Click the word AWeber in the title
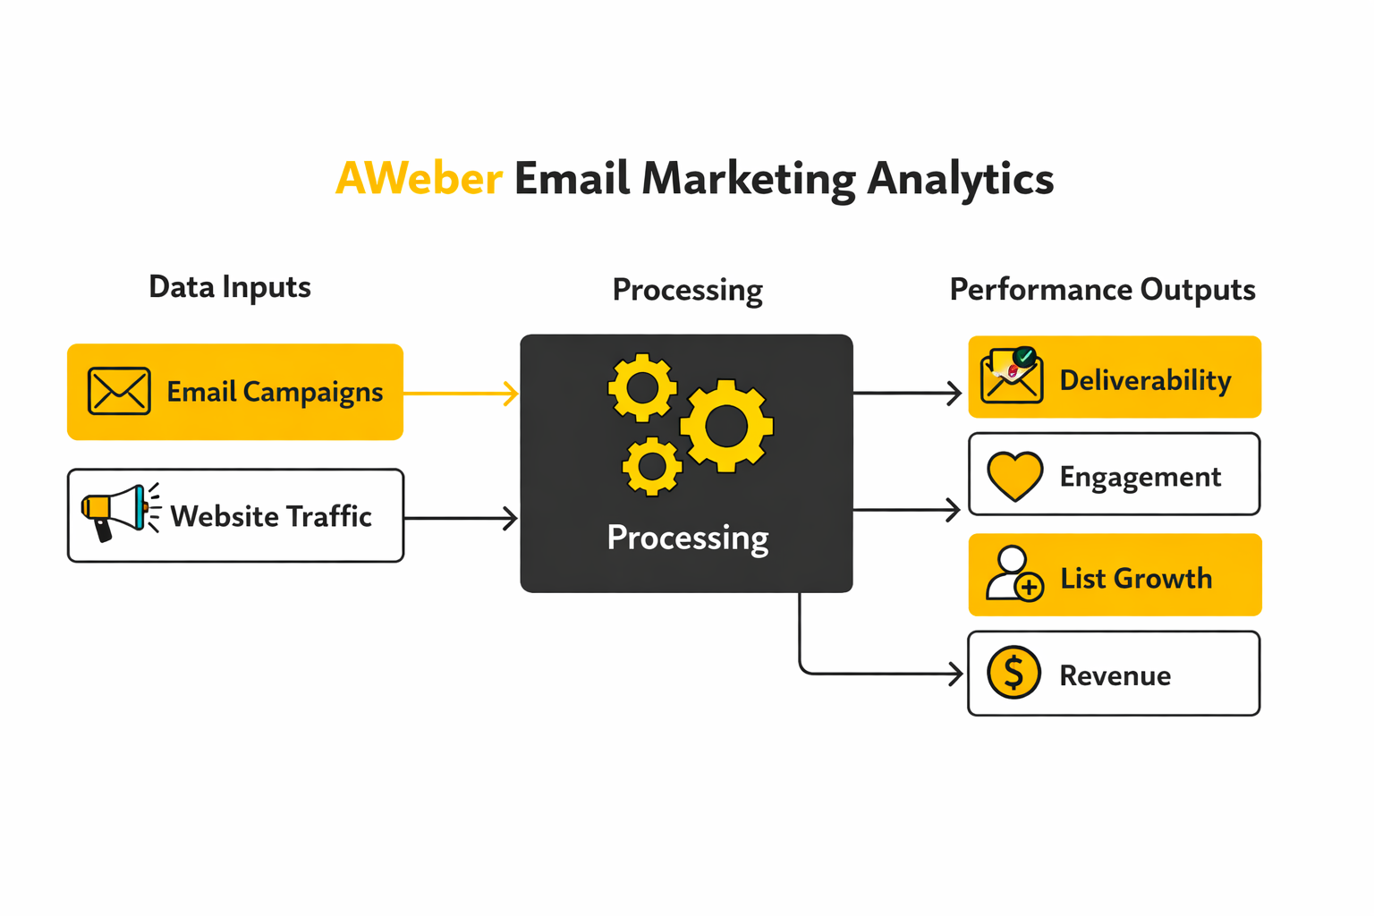419,178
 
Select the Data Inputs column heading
230,287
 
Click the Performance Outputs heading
1102,290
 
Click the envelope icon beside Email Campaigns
119,391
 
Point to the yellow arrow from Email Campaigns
461,393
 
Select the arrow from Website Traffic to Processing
461,518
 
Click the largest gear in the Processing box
726,427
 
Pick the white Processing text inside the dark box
687,538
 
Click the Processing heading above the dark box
687,290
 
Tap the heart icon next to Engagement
1014,475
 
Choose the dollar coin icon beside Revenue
1014,672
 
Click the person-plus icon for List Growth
1014,574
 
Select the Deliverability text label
1145,380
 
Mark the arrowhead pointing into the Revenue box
955,674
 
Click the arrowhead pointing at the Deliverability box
954,393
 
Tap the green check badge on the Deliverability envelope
1025,356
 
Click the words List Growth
1136,579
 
